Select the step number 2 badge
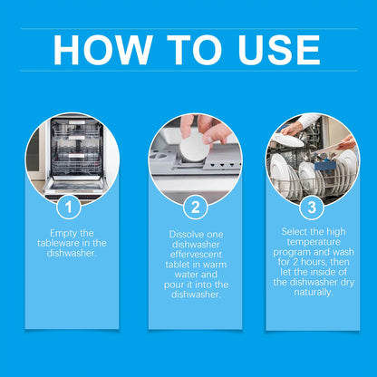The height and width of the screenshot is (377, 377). (195, 208)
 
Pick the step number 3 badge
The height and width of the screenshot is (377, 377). (311, 208)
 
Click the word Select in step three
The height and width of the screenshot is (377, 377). (290, 232)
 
